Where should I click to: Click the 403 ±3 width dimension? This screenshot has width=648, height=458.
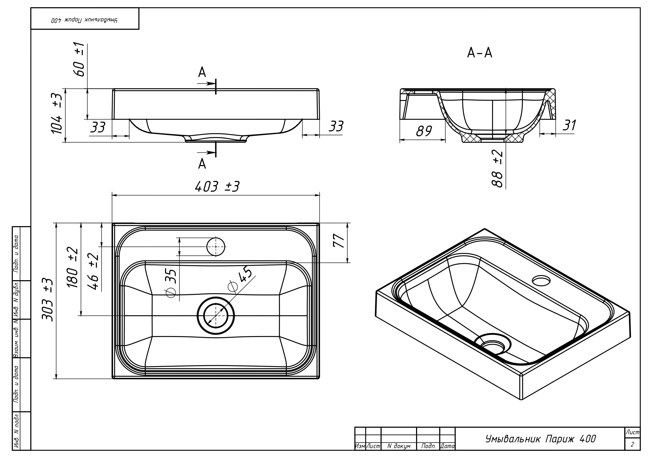tap(217, 187)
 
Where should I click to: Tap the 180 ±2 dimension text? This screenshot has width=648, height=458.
tap(72, 267)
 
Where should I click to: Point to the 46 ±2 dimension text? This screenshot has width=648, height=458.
tap(94, 272)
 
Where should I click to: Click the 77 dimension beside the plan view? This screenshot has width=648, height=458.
tap(339, 241)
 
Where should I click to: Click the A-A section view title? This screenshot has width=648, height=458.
tap(480, 53)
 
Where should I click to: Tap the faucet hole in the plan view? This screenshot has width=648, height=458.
tap(216, 247)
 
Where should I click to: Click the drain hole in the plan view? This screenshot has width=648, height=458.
tap(216, 315)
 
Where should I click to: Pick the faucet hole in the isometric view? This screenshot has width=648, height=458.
tap(541, 281)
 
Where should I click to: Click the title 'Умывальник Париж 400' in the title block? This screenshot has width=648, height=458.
tap(540, 439)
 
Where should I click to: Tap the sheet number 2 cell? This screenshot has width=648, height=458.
tap(632, 444)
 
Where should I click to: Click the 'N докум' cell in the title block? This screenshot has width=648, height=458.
tap(399, 446)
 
